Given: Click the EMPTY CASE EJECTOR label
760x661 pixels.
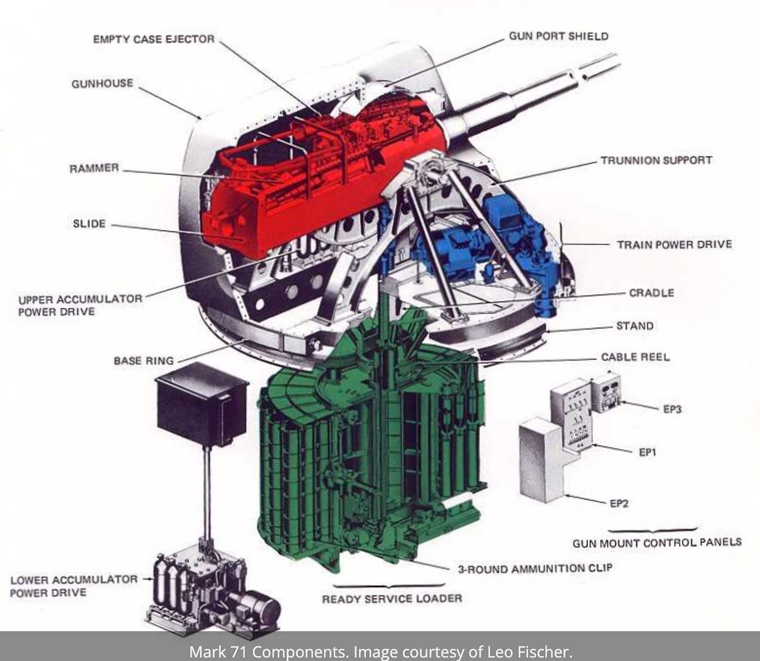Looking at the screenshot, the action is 154,39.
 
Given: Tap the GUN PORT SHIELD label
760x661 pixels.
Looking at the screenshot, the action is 559,37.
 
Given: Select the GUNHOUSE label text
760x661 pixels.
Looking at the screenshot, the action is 102,83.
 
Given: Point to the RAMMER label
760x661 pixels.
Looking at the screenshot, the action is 94,168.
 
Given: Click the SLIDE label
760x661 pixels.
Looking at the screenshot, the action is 89,223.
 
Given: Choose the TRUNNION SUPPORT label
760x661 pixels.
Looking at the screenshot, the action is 657,160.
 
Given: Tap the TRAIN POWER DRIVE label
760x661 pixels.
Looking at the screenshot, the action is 674,244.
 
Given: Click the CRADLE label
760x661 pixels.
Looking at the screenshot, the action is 651,293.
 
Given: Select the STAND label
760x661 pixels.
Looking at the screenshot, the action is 635,326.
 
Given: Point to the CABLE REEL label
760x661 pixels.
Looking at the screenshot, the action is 636,357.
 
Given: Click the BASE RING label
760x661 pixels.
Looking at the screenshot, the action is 144,361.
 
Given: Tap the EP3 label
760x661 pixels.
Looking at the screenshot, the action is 672,409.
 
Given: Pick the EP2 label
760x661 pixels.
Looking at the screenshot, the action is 619,503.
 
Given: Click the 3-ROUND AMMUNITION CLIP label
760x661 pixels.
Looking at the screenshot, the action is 535,568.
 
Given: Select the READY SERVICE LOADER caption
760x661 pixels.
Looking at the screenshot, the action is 392,598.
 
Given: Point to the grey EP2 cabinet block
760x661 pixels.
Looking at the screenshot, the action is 542,460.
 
